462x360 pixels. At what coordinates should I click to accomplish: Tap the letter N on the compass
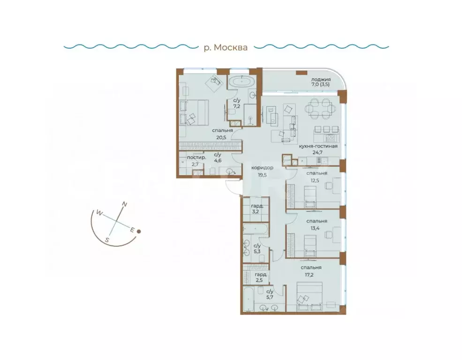[x=124, y=204]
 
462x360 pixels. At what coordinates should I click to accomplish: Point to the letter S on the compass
[x=107, y=240]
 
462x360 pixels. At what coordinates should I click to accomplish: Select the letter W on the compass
[x=99, y=212]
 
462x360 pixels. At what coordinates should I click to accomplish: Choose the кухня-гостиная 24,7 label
[x=318, y=150]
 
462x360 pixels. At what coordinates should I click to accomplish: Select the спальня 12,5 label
[x=317, y=176]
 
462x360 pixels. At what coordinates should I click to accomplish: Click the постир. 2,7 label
[x=195, y=161]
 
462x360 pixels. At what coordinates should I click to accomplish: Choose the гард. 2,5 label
[x=261, y=277]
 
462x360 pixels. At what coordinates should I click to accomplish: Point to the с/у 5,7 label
[x=269, y=294]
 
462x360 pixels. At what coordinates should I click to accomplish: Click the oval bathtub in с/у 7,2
[x=242, y=81]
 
